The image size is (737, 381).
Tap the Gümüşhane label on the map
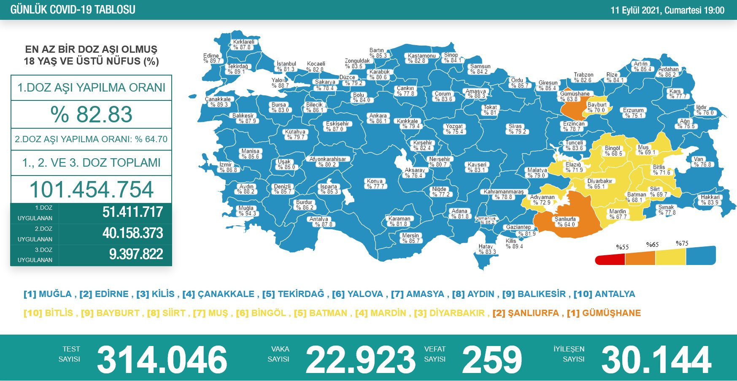point(575,97)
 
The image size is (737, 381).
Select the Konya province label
point(375,184)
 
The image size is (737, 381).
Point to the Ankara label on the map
point(378,119)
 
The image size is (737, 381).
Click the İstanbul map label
point(286,67)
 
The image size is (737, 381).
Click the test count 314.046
point(162,359)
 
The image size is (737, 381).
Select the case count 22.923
point(361,359)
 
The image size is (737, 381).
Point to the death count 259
point(492,359)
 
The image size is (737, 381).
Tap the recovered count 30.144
point(656,359)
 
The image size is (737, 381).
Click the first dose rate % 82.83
point(91,114)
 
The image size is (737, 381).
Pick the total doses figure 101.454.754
point(91,189)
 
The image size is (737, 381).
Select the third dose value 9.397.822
point(136,254)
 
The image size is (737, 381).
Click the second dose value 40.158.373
point(132,233)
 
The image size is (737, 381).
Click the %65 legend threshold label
point(652,245)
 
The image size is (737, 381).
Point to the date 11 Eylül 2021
point(636,10)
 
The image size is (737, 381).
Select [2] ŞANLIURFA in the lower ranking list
point(525,313)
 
